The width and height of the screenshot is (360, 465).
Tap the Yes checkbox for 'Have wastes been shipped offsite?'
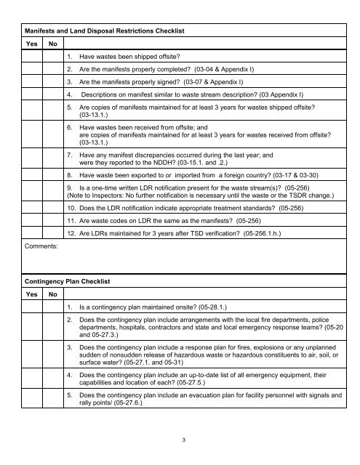31,56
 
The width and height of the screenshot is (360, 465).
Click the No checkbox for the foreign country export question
50,176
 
